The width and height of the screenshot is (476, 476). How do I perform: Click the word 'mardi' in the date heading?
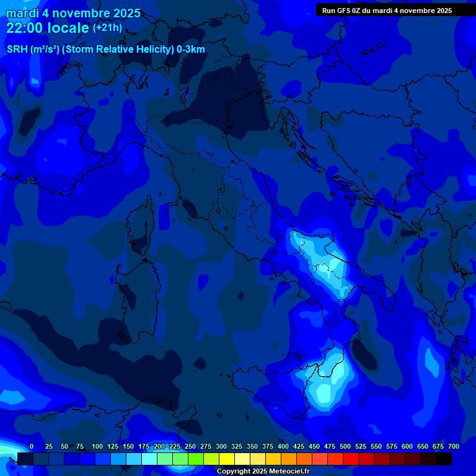(x=22, y=13)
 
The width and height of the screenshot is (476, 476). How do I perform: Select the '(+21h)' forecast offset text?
(x=108, y=28)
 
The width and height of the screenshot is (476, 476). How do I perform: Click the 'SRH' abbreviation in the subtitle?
(x=17, y=50)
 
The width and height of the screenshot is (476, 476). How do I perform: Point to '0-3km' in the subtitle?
(x=190, y=50)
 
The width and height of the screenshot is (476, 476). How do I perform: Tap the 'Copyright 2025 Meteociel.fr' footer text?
(x=263, y=471)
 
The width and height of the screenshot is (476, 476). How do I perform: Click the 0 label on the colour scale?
(x=31, y=446)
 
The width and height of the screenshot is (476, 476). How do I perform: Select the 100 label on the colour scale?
(x=97, y=446)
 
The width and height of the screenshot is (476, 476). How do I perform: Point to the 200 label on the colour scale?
(x=159, y=446)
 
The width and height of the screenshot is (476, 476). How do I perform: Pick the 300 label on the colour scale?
(x=221, y=446)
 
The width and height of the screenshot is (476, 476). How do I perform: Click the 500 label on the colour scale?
(x=345, y=446)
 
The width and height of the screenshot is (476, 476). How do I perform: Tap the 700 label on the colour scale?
(x=454, y=446)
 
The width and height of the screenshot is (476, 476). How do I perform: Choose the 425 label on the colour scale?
(x=299, y=446)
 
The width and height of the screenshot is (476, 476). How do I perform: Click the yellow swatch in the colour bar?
(x=227, y=459)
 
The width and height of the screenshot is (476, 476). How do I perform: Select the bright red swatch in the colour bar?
(x=351, y=459)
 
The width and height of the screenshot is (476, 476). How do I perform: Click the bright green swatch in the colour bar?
(x=196, y=459)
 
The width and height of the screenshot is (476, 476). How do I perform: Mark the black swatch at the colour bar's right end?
(x=444, y=459)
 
